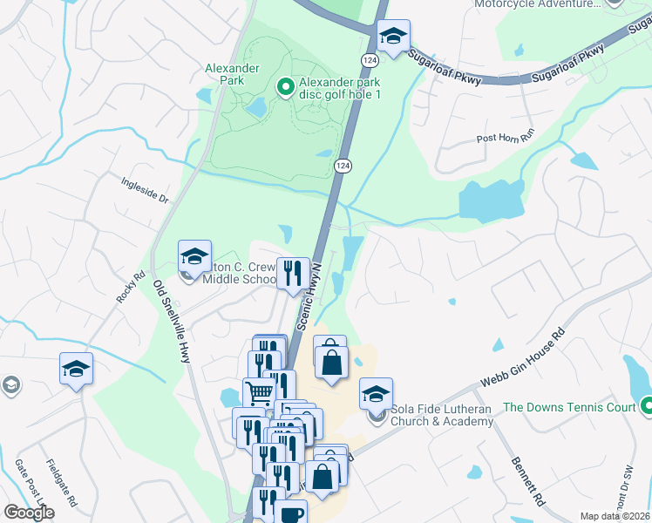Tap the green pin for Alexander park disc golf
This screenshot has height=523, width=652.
(x=284, y=86)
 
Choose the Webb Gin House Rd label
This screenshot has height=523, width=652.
(x=523, y=358)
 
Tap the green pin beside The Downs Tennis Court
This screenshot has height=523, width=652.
(x=647, y=406)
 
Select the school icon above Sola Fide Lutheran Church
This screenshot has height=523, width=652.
(x=376, y=395)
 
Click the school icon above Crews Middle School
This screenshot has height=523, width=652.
(x=194, y=256)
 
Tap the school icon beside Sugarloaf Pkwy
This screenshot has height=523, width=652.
(x=394, y=37)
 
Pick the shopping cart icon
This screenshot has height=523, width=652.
(x=259, y=393)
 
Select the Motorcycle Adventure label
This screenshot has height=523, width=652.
(x=537, y=3)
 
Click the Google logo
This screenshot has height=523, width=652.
(x=29, y=513)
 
